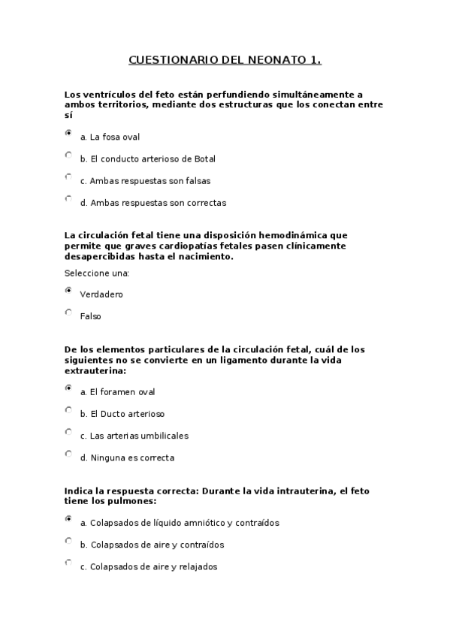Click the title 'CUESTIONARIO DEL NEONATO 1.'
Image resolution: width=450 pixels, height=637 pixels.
click(225, 59)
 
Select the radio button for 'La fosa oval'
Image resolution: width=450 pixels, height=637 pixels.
click(69, 134)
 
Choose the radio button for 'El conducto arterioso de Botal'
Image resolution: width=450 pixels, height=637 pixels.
click(69, 155)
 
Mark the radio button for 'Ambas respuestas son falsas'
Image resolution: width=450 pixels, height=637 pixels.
click(69, 177)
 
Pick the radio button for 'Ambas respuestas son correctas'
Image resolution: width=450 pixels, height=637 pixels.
click(69, 199)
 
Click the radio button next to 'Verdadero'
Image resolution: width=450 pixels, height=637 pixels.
click(69, 291)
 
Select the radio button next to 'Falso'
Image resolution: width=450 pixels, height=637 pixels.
click(69, 312)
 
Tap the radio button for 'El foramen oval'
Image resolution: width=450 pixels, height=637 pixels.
click(69, 388)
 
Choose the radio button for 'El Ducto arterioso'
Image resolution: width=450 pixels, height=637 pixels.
click(69, 410)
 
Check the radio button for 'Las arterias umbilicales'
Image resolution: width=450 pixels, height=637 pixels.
click(69, 432)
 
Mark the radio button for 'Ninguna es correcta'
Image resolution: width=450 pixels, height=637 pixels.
click(69, 454)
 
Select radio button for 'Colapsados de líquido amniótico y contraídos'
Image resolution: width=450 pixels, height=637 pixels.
click(69, 519)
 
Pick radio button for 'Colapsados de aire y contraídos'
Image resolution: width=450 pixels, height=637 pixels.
click(69, 541)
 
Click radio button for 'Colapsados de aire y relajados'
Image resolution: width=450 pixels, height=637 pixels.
click(69, 563)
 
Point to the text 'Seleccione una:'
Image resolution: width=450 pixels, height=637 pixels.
click(97, 273)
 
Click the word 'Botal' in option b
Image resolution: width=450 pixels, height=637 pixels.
click(204, 159)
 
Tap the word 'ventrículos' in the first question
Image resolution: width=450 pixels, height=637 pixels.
click(106, 95)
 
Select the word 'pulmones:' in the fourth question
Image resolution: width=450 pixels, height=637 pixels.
click(135, 500)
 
